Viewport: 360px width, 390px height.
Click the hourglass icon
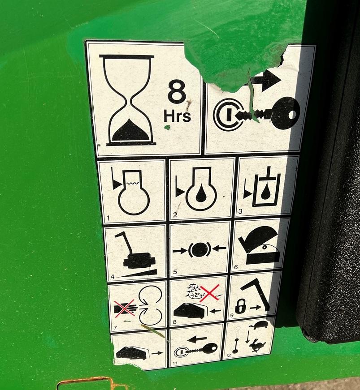[128, 100]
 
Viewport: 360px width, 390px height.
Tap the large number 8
[177, 91]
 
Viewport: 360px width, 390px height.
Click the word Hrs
[177, 116]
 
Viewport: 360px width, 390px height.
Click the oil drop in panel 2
[201, 194]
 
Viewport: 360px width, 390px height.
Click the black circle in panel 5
[200, 249]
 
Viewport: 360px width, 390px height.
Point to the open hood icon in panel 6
[260, 245]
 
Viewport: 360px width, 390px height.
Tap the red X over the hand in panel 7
[125, 308]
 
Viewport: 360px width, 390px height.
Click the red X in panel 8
[210, 292]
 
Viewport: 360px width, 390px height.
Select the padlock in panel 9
[240, 306]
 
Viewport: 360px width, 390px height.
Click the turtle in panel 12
[259, 325]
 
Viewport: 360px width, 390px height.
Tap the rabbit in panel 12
[258, 346]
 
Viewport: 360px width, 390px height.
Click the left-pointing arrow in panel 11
[197, 339]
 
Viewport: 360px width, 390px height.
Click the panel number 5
[175, 272]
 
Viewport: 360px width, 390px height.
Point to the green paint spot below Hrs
[167, 127]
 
